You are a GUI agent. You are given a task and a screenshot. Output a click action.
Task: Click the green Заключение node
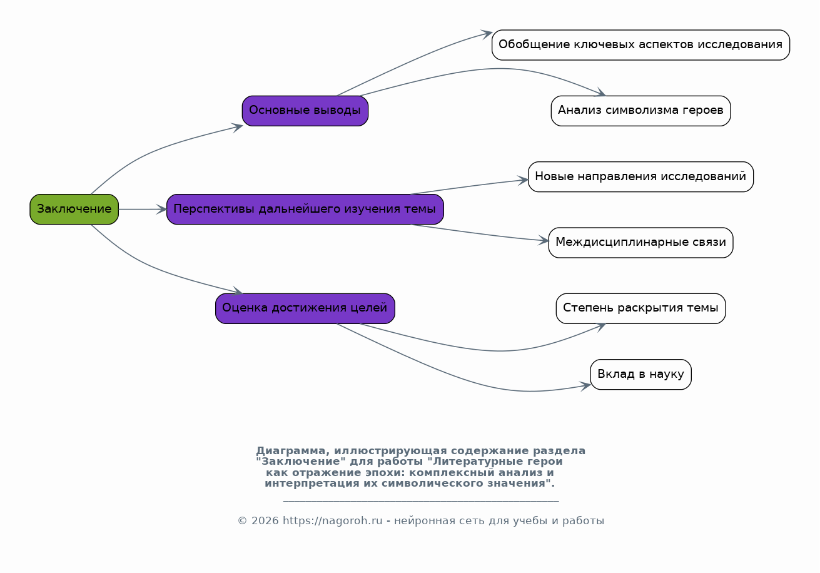coord(74,210)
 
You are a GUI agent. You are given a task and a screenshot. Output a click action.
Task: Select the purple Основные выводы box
coord(305,111)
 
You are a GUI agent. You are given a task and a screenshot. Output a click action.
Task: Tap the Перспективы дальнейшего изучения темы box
coord(305,210)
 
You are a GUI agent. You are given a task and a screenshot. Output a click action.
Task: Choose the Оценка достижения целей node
coord(305,308)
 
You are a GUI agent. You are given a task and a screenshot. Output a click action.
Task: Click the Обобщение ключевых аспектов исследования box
coord(641,45)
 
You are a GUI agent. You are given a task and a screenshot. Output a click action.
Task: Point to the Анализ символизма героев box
coord(641,111)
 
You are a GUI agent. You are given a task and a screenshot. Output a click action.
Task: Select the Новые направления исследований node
coord(641,177)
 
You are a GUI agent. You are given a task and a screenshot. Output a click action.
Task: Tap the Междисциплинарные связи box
coord(641,243)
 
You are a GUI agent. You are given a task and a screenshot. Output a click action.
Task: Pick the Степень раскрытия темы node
coord(641,308)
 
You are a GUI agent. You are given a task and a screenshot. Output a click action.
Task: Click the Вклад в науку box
coord(641,375)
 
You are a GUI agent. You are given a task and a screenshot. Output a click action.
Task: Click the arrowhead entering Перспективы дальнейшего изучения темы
coord(162,210)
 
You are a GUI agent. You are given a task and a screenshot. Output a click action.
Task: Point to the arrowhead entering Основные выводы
coord(238,128)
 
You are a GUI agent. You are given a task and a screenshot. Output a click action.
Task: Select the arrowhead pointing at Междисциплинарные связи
coord(544,241)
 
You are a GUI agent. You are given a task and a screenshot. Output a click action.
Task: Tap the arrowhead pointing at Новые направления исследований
coord(523,180)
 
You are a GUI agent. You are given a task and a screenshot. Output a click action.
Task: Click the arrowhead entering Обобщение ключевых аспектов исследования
coord(487,34)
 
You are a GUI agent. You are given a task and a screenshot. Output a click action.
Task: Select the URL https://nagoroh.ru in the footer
coord(332,520)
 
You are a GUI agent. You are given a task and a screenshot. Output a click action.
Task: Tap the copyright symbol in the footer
coord(243,521)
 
